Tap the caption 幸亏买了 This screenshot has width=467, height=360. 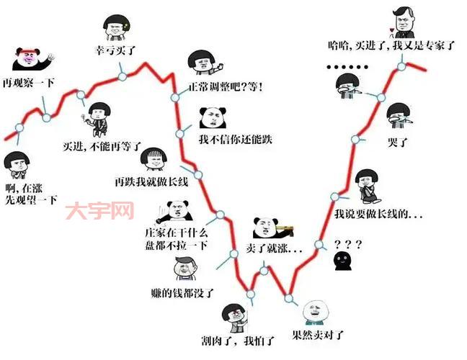[116, 50]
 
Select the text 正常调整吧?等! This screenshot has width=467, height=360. [226, 87]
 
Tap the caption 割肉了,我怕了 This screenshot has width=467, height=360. [247, 340]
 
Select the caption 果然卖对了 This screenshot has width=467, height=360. [318, 335]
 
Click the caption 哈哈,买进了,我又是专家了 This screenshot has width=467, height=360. [391, 45]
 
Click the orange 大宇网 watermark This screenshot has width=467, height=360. [99, 211]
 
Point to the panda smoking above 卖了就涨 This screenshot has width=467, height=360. [270, 227]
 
